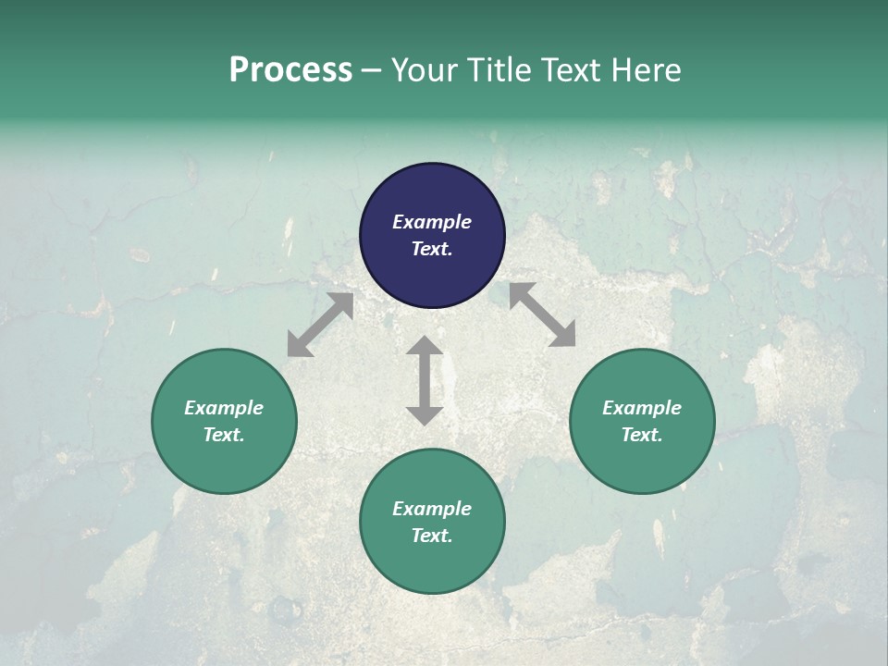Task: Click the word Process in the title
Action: coord(290,70)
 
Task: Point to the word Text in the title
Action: coord(571,70)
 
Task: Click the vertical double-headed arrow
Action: coord(425,380)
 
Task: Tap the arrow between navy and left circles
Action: coord(320,325)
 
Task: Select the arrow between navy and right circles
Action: coord(542,314)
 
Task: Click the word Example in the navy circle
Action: coord(432,222)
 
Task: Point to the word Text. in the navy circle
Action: coord(432,249)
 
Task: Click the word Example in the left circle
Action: coord(224,408)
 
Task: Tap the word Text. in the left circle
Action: coord(224,435)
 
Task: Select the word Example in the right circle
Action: coord(642,408)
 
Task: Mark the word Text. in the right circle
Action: coord(642,435)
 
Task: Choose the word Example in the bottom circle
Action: coord(432,509)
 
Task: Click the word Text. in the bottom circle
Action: coord(432,536)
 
